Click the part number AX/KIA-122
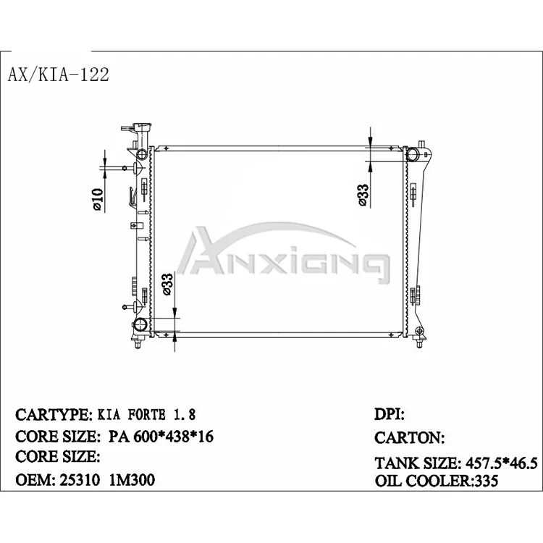tap(59, 75)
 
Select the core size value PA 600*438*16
tap(161, 437)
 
